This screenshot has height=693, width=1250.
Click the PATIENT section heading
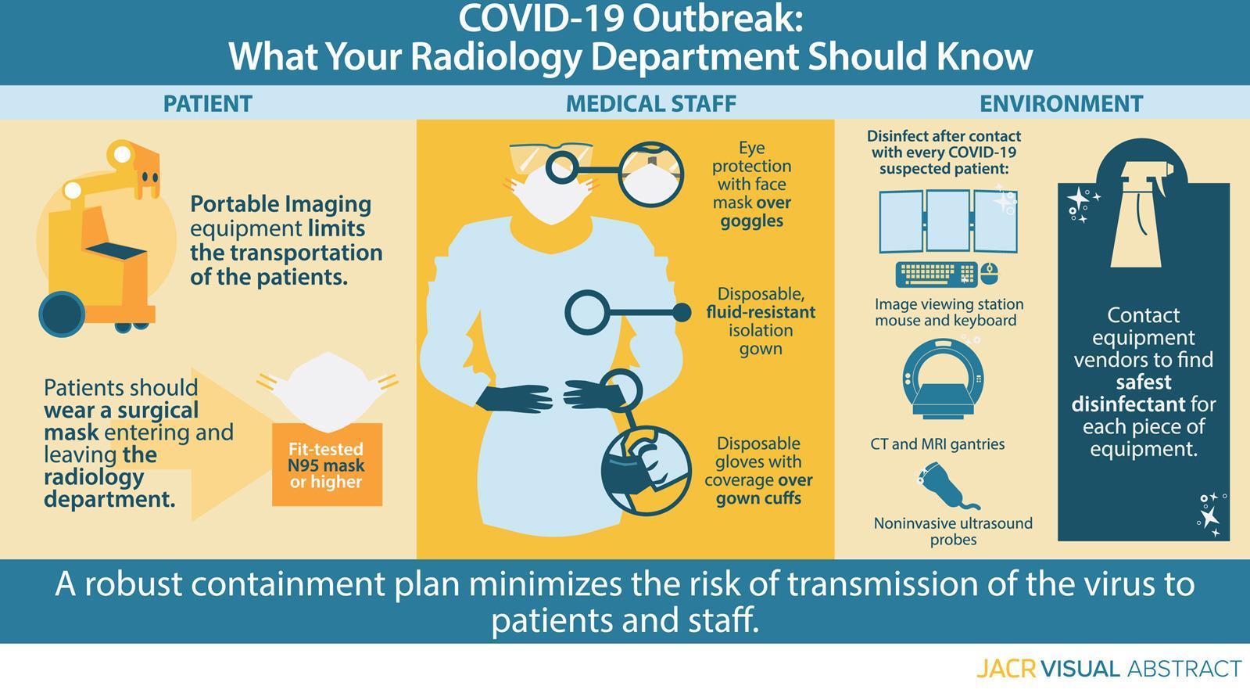click(x=208, y=104)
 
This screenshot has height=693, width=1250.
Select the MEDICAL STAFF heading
click(x=651, y=104)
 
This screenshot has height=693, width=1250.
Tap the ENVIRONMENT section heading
click(x=1062, y=104)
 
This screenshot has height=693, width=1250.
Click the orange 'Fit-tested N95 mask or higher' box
click(x=327, y=465)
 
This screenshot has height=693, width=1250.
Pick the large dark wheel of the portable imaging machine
click(x=62, y=314)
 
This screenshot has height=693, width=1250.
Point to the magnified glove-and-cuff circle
click(x=646, y=471)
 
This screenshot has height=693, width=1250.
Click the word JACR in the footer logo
click(x=1006, y=669)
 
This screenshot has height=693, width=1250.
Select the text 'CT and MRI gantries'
click(x=937, y=444)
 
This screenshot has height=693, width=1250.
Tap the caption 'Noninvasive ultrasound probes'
click(x=953, y=531)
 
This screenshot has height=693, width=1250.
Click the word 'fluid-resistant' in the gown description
click(x=761, y=311)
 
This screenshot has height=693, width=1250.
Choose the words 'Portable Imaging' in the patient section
click(x=281, y=205)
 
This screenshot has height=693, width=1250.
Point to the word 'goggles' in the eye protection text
click(x=752, y=221)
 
